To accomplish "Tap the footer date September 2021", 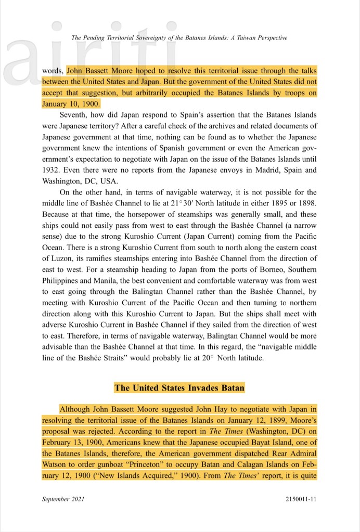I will pyautogui.click(x=63, y=499).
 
